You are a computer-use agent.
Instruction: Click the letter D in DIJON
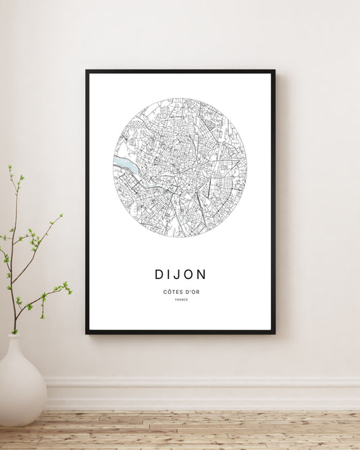pos(159,274)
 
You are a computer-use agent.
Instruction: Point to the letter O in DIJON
pos(188,274)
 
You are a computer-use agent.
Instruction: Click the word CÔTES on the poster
pos(172,291)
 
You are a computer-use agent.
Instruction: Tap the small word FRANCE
pos(181,300)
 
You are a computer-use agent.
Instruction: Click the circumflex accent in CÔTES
pos(169,289)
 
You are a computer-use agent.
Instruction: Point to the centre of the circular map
pos(180,167)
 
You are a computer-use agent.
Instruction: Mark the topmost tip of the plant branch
pos(10,167)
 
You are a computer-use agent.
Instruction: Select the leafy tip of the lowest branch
pos(67,287)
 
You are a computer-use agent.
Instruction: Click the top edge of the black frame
pos(180,71)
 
